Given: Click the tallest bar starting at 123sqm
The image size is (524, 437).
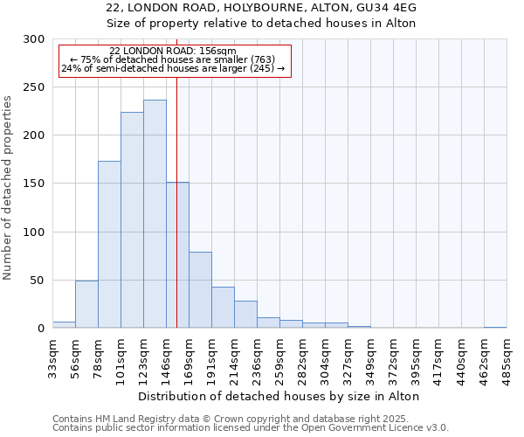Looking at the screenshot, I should (155, 214).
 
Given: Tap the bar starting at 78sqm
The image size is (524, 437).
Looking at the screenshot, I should (109, 245).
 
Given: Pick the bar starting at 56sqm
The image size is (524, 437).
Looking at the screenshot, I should (86, 304).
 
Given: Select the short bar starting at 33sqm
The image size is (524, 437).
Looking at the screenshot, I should (64, 325).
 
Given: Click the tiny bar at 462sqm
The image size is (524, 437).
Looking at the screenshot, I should (495, 327).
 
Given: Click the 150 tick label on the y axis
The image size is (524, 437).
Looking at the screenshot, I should (34, 184).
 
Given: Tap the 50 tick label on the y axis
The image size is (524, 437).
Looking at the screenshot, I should (37, 281).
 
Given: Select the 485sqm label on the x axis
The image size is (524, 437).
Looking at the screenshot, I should (507, 356).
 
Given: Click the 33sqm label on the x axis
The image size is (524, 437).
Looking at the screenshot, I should (52, 356).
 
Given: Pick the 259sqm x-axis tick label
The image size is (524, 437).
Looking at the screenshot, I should (279, 356).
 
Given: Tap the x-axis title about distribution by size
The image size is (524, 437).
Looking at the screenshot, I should (279, 396).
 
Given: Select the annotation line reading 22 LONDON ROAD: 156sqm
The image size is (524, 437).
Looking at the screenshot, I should (173, 52).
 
